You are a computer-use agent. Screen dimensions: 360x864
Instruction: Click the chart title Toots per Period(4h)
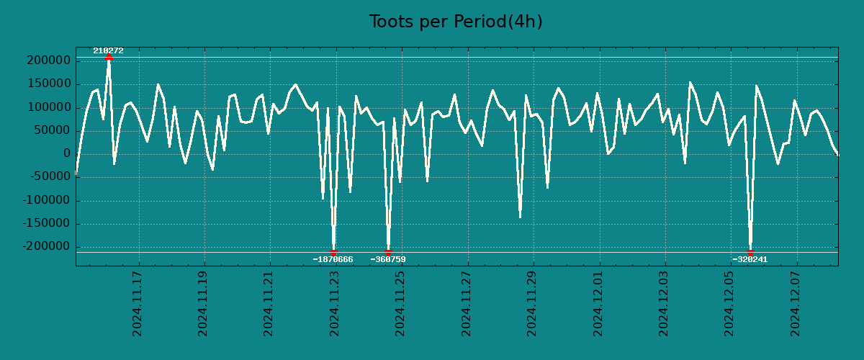(456, 22)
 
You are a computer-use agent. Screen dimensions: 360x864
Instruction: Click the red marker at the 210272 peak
(109, 56)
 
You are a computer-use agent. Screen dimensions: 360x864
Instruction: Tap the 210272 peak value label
(108, 50)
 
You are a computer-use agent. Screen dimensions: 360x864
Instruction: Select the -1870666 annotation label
(333, 259)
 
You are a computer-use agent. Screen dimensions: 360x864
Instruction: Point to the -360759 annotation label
(388, 259)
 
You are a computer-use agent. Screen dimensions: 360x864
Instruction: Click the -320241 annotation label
(750, 259)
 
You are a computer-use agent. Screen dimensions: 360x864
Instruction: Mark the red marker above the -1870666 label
(333, 252)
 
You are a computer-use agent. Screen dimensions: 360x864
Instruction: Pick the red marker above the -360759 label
(388, 252)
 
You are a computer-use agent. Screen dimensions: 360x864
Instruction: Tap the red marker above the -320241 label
(750, 252)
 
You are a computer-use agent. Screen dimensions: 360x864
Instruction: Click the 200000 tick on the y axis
(47, 61)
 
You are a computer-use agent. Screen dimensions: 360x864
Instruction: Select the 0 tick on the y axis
(66, 153)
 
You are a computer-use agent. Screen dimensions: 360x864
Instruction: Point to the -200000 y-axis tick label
(44, 246)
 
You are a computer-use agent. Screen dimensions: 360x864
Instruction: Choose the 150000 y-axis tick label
(47, 84)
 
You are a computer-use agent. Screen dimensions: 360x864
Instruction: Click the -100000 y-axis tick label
(44, 200)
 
